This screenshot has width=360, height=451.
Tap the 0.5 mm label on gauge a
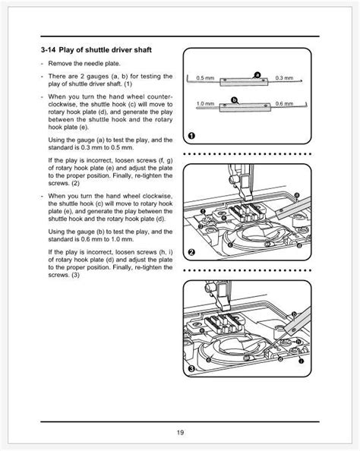[x=205, y=78]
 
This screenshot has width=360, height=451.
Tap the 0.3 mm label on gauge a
[x=283, y=78]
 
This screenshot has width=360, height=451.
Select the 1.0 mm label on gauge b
[x=205, y=102]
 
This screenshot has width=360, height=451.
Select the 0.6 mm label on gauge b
[x=283, y=102]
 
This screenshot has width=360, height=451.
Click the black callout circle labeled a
[x=257, y=74]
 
